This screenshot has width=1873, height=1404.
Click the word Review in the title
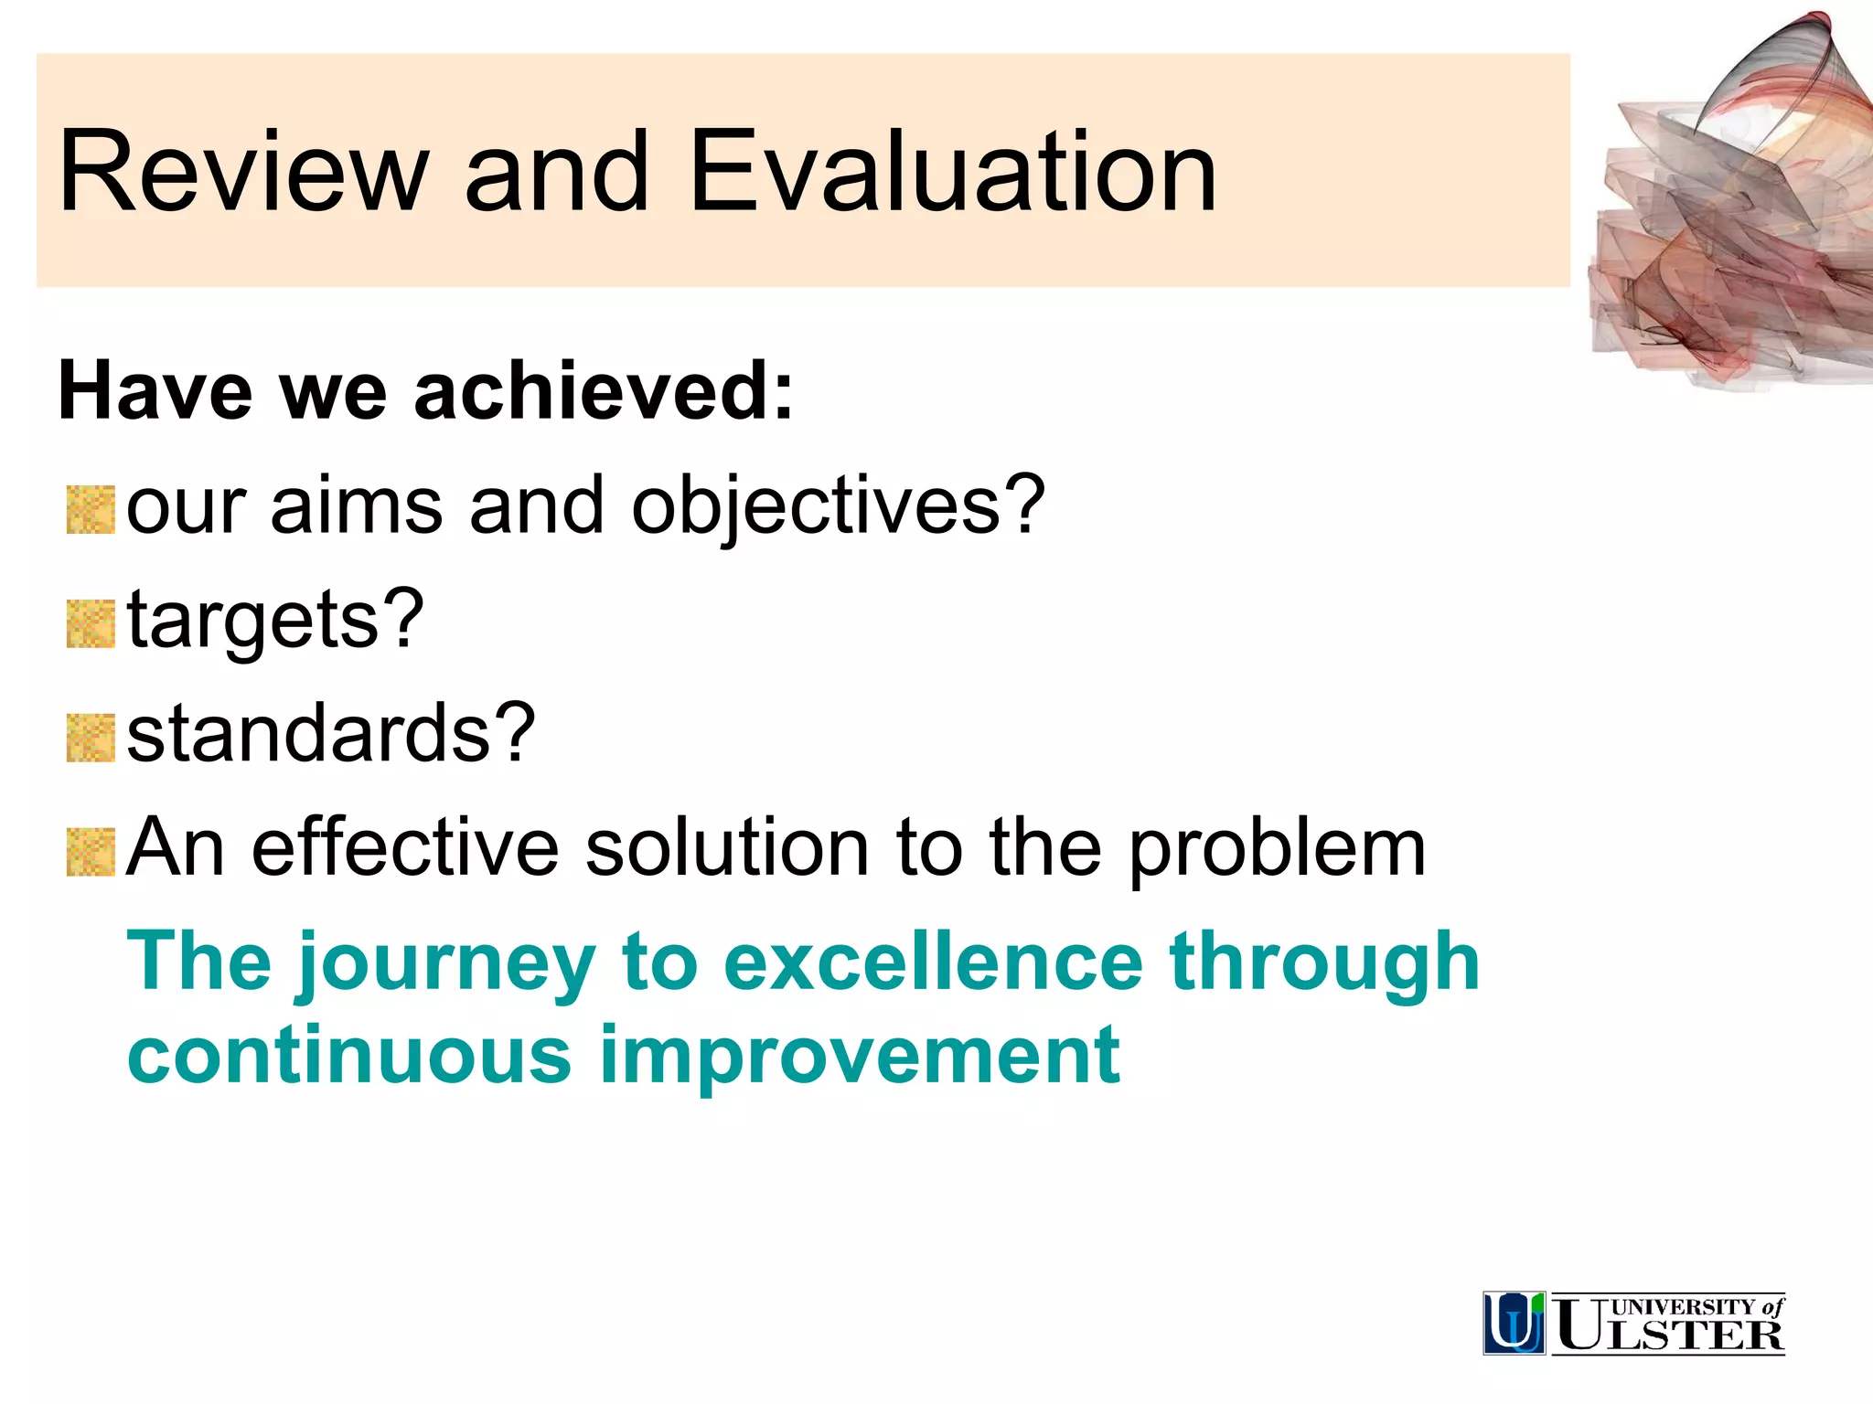pyautogui.click(x=243, y=172)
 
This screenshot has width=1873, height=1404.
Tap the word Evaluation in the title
pyautogui.click(x=952, y=172)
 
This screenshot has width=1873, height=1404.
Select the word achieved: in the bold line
pyautogui.click(x=604, y=391)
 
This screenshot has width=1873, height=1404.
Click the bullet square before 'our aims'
pyautogui.click(x=91, y=510)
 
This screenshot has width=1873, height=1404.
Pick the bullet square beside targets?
pyautogui.click(x=91, y=624)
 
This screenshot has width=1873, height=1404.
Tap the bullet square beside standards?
pyautogui.click(x=91, y=738)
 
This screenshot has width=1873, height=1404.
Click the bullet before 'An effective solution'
pyautogui.click(x=91, y=852)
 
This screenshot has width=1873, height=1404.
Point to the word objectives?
pyautogui.click(x=838, y=507)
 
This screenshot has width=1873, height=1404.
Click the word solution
pyautogui.click(x=727, y=848)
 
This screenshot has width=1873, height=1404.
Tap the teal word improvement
pyautogui.click(x=859, y=1058)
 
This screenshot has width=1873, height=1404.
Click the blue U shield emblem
pyautogui.click(x=1514, y=1323)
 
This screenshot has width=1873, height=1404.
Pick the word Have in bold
pyautogui.click(x=155, y=391)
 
